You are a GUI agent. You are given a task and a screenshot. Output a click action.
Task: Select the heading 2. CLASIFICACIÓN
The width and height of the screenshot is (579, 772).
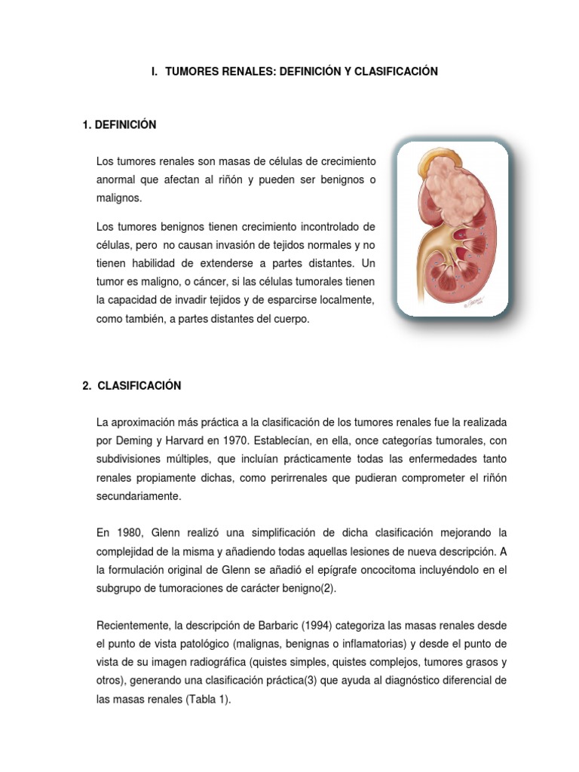tap(132, 386)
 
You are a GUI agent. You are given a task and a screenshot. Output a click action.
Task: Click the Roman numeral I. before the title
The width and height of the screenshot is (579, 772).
tap(154, 72)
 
